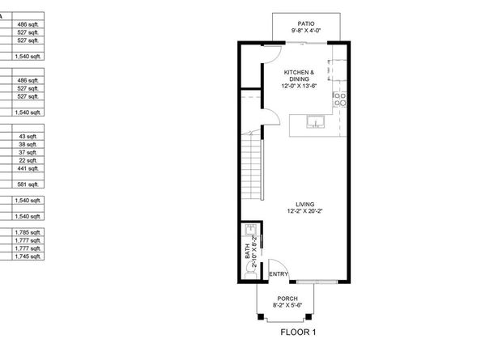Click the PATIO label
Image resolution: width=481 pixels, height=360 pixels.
(305, 24)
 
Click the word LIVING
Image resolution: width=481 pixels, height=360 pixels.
(305, 204)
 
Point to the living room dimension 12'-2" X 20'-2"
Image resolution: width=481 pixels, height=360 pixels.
(305, 211)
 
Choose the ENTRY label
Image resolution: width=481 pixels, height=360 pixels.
(279, 274)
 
